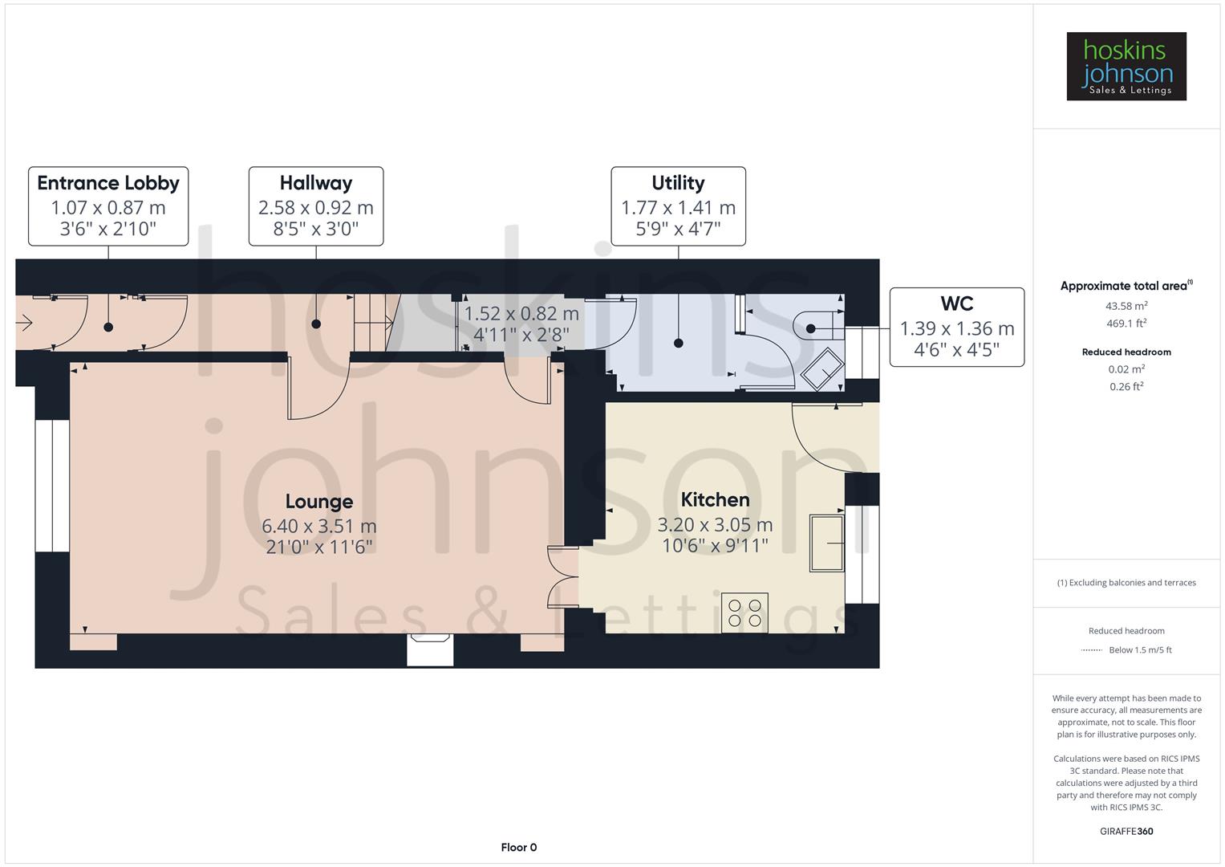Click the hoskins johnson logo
point(1126,67)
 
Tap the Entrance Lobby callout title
point(108,183)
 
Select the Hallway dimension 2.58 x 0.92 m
point(315,207)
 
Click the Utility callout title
point(678,183)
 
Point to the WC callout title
point(956,303)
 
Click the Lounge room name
point(318,502)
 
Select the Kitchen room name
point(715,499)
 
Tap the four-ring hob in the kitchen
point(744,613)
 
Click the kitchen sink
point(826,543)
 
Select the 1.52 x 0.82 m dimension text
point(521,313)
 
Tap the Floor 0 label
point(518,847)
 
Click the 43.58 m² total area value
point(1126,306)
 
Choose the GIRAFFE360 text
point(1126,831)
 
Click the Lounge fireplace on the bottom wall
point(430,649)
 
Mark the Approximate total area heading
point(1125,286)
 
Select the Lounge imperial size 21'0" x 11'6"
point(318,547)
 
